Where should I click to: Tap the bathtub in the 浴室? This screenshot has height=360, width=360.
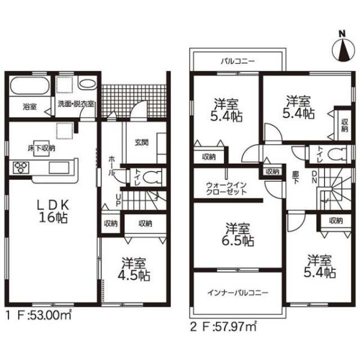coord(30,86)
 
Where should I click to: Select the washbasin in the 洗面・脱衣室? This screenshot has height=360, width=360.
coord(88,84)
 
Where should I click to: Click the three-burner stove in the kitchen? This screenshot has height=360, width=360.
coord(21,167)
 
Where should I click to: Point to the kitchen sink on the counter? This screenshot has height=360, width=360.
coord(59,167)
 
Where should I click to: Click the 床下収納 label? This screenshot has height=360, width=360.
coord(41,148)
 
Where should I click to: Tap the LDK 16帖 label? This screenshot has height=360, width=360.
coord(53,211)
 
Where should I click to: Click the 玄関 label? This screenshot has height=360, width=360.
coord(142,143)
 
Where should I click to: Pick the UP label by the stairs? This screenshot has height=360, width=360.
coord(118,200)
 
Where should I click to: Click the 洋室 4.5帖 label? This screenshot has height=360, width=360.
coord(134,269)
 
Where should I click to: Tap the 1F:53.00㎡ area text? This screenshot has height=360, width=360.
coord(38,316)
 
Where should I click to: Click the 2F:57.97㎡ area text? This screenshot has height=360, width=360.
coord(223,327)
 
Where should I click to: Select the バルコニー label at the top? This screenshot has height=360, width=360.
coord(238,61)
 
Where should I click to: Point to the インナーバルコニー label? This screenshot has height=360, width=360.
coord(238,293)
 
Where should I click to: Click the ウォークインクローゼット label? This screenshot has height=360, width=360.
coord(226,188)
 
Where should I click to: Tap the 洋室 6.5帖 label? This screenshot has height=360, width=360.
coord(238,235)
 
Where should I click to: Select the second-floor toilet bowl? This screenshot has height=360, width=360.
coord(337,154)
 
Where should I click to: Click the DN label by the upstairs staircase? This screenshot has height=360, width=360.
coord(314,177)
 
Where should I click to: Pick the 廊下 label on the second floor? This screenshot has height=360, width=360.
coord(295,178)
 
